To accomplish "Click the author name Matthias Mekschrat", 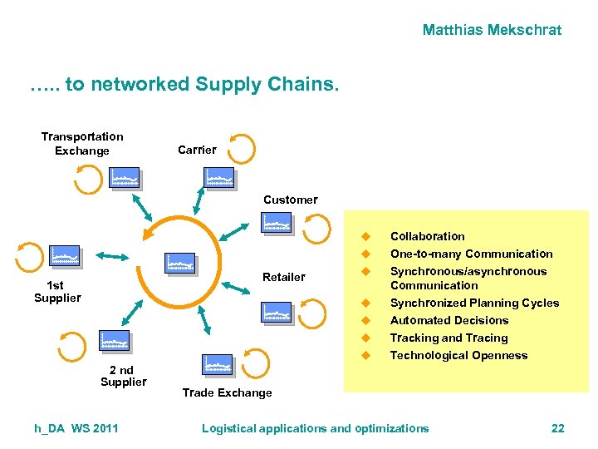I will coord(492,30).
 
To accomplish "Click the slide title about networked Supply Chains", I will coord(184,84).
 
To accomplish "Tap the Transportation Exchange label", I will coord(82,144).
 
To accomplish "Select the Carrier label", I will coord(197,150).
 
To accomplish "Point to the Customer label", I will coord(290,200).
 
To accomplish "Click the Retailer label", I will coord(283,277).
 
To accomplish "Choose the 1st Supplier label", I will coord(57,291).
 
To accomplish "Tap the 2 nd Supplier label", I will coord(123,376).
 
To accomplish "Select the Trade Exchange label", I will coord(227,392).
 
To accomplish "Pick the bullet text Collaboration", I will coord(427,236).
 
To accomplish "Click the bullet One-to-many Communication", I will coord(471,254).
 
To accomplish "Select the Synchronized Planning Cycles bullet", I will coord(474,303).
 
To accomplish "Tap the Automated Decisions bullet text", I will coord(448,320).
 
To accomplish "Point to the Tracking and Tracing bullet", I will coord(448,338).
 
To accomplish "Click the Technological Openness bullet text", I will coord(458,355).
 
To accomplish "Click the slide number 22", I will coord(557,428).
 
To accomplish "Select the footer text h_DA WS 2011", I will coord(76,428).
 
